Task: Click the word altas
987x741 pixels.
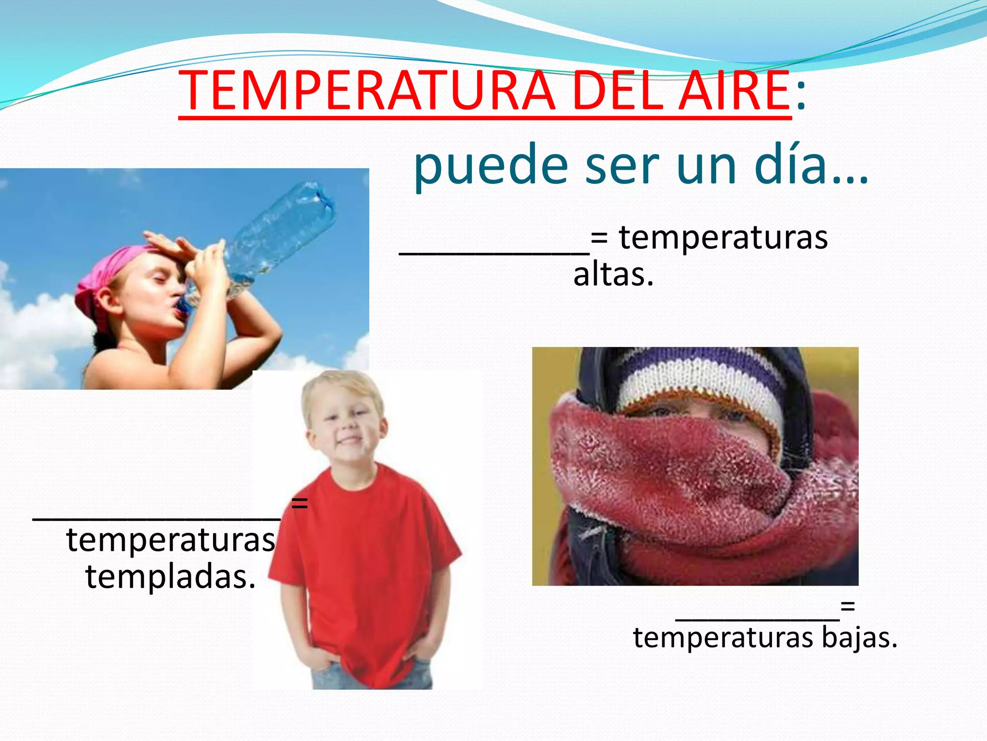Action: coord(613,275)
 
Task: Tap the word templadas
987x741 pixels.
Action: coord(170,577)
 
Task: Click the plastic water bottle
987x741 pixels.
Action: coord(280,232)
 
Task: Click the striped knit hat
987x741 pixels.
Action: coord(699,381)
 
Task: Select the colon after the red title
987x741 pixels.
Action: coord(800,94)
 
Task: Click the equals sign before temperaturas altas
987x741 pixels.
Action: coord(599,238)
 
